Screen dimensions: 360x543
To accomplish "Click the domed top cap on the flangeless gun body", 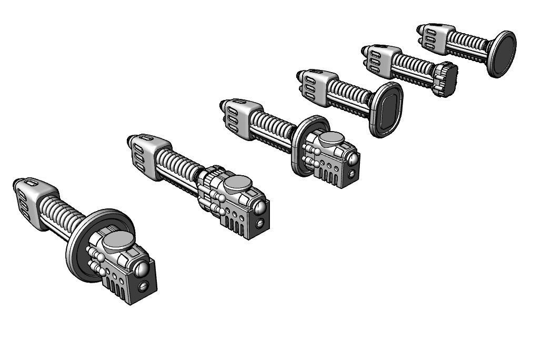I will [239, 184].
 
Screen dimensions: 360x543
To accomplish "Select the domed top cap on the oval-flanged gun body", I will [332, 139].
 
